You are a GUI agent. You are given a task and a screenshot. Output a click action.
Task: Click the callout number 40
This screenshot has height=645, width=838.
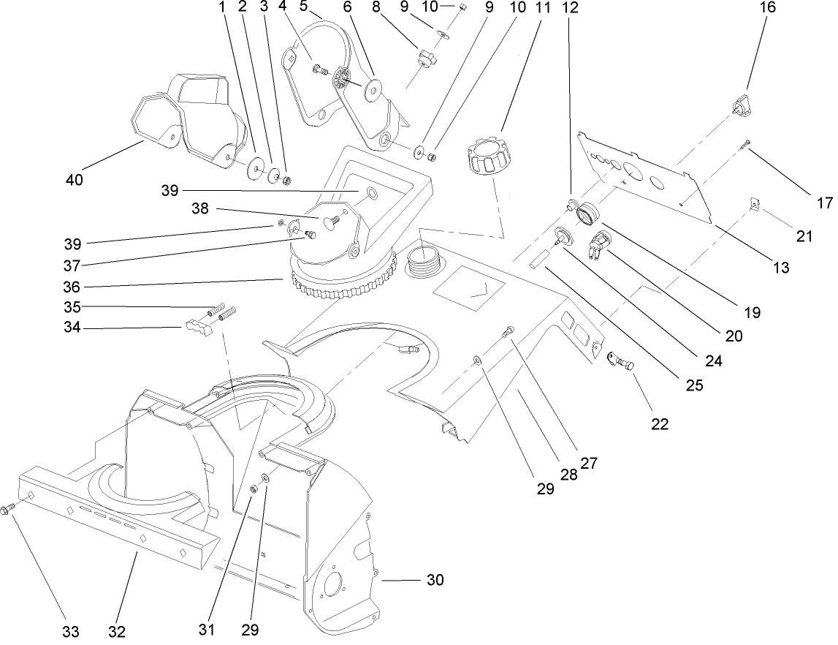pyautogui.click(x=74, y=179)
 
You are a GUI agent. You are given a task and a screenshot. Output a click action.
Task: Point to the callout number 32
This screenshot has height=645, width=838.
pyautogui.click(x=118, y=630)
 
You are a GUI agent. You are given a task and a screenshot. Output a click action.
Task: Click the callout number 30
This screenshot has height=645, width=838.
pyautogui.click(x=435, y=580)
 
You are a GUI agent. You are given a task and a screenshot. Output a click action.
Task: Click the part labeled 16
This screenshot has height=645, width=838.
pyautogui.click(x=742, y=105)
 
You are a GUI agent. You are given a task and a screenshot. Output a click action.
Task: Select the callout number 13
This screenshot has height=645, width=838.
pyautogui.click(x=780, y=268)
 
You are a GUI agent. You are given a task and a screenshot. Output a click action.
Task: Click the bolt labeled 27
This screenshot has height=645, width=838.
pyautogui.click(x=509, y=332)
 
